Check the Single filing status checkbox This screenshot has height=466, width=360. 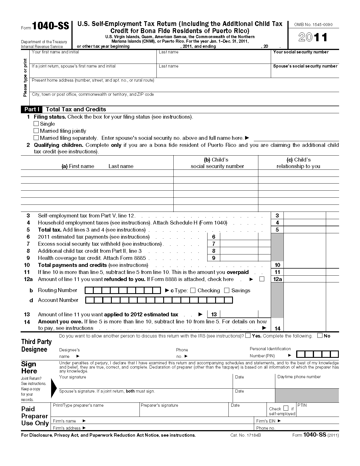point(36,124)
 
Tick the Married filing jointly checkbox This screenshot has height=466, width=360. point(36,131)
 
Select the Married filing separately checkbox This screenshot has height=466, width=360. point(36,138)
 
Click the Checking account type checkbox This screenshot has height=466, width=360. point(193,291)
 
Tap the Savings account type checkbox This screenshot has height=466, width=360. point(227,291)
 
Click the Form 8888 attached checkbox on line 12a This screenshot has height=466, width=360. point(262,279)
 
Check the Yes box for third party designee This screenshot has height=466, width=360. point(248,336)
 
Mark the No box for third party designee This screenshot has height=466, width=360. point(320,336)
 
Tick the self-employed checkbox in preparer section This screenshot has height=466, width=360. point(286,408)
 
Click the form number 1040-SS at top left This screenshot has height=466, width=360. point(50,26)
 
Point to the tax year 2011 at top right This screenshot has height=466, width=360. point(313,37)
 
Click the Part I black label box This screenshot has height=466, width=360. point(32,109)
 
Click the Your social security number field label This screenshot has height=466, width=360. point(301,52)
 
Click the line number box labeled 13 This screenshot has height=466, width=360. point(214,314)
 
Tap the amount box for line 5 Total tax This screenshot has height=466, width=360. point(304,230)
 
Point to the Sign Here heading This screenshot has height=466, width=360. point(29,367)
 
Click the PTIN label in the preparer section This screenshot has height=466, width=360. point(302,405)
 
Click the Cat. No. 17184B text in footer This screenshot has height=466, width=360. point(245,435)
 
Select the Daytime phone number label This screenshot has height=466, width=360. point(299,377)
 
